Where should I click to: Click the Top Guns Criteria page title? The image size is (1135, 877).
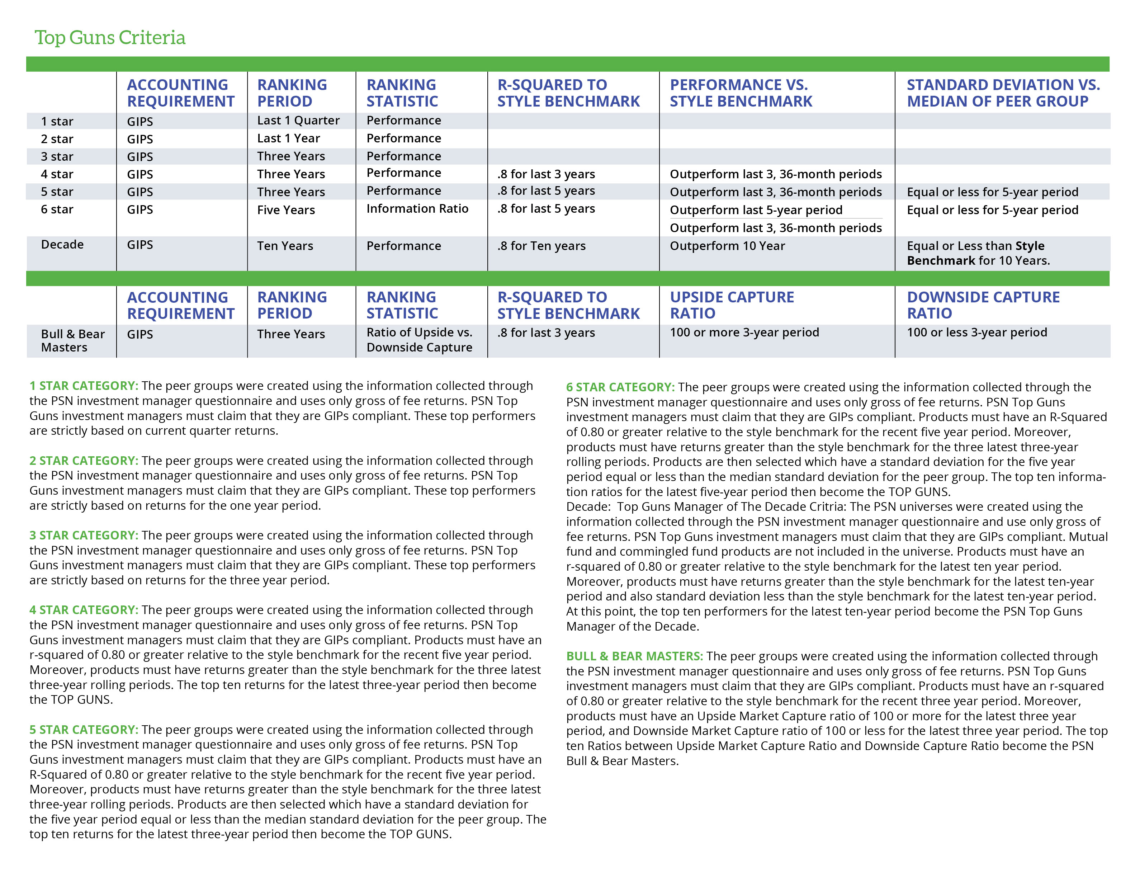pyautogui.click(x=110, y=37)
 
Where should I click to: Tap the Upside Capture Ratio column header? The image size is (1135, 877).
pyautogui.click(x=731, y=305)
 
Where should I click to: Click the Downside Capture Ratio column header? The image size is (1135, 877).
pyautogui.click(x=983, y=305)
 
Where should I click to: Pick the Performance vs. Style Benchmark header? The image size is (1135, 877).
pyautogui.click(x=740, y=93)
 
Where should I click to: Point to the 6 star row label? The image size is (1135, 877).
pyautogui.click(x=57, y=209)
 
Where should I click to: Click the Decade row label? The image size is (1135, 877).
pyautogui.click(x=62, y=244)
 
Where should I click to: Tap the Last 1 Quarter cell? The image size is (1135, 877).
pyautogui.click(x=298, y=121)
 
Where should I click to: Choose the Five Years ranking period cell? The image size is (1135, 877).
pyautogui.click(x=286, y=210)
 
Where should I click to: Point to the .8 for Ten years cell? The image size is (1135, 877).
pyautogui.click(x=541, y=246)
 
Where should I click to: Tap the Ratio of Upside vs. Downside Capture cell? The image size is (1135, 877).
pyautogui.click(x=419, y=340)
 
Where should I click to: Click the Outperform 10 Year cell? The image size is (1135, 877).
pyautogui.click(x=727, y=246)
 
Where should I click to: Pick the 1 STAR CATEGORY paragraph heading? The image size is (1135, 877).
pyautogui.click(x=84, y=386)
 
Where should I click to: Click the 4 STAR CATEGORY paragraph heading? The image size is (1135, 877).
pyautogui.click(x=84, y=610)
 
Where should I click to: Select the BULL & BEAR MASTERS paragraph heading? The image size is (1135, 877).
pyautogui.click(x=634, y=656)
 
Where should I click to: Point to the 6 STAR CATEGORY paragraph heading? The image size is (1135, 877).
pyautogui.click(x=620, y=387)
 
